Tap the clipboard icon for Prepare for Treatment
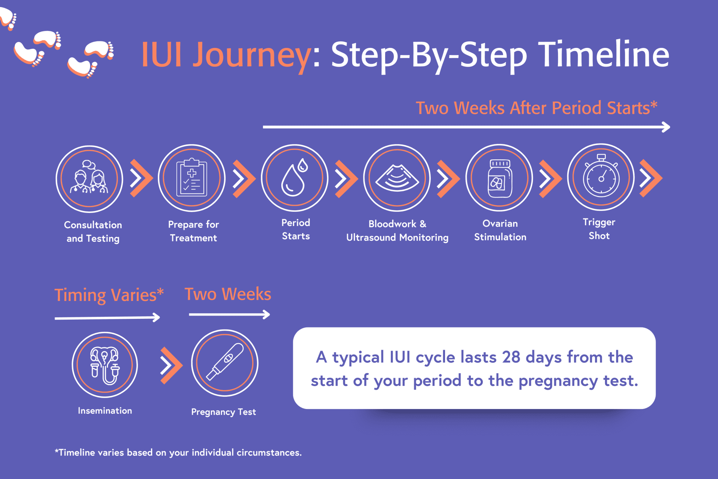(192, 178)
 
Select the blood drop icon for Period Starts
(294, 178)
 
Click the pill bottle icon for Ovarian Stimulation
(499, 178)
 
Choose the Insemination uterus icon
(105, 365)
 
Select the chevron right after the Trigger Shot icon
(651, 178)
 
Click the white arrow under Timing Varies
(107, 318)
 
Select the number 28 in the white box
(511, 357)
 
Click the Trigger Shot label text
(599, 229)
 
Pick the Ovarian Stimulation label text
(500, 230)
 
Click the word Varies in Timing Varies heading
(138, 295)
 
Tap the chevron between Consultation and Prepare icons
(141, 179)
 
